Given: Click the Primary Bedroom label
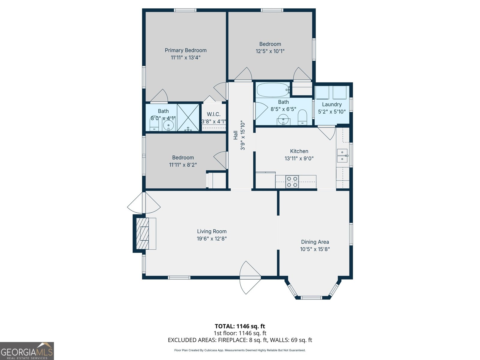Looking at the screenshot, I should point(186,50).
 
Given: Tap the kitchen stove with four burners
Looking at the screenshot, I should point(292,182).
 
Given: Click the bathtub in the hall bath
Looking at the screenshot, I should point(273,90).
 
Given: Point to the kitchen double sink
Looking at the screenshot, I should point(342,155).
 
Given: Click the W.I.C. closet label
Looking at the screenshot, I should point(214,114).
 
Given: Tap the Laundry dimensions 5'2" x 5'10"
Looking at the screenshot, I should point(332,112).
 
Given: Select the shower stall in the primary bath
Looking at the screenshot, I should point(188,117).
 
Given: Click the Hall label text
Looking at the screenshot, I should point(236,135).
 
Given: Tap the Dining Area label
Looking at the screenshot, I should point(315,242).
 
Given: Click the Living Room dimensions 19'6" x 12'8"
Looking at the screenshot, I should point(212,239).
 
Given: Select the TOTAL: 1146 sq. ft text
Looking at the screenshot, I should point(240,326).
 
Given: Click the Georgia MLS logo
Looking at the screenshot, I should point(27,351).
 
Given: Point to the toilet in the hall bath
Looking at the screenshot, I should point(302,117).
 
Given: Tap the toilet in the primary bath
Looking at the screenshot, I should point(154,123).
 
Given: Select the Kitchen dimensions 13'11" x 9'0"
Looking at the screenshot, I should point(299,158).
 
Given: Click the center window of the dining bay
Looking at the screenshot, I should point(311,298).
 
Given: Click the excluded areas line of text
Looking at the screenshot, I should point(240,340).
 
